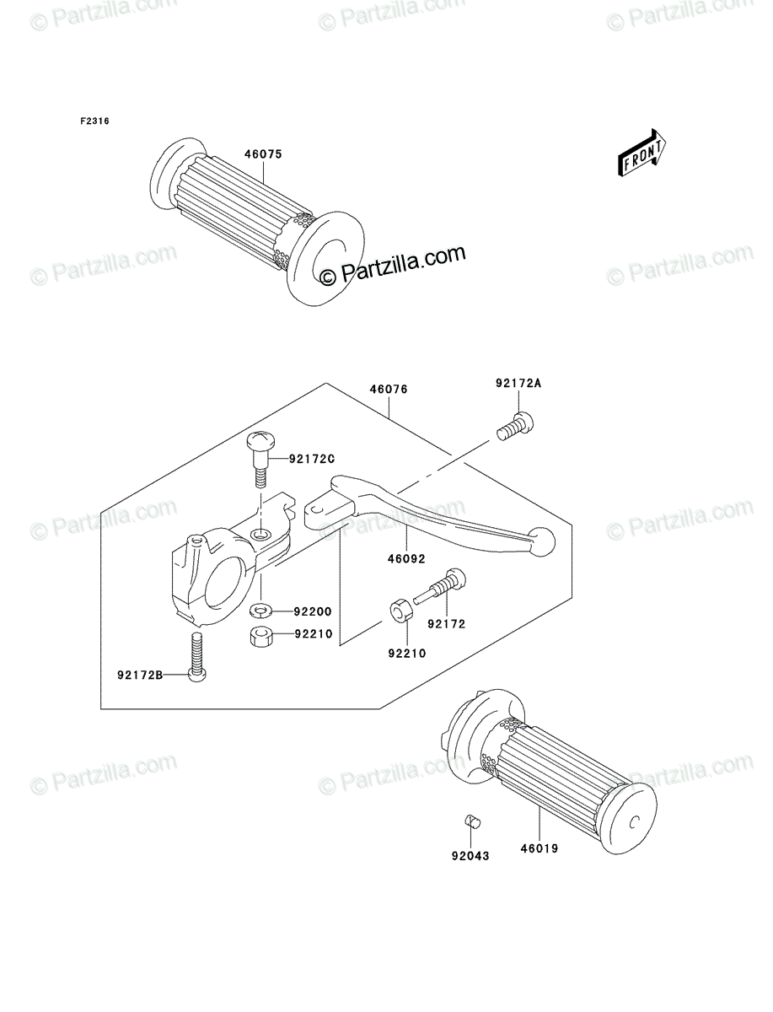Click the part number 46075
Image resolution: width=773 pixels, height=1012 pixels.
coord(263,154)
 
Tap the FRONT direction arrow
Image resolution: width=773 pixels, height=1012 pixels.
coord(641,152)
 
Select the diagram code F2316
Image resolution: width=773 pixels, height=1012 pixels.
coord(94,121)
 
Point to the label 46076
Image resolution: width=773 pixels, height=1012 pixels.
coord(389,390)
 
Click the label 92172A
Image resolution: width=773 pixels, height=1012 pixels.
coord(518,384)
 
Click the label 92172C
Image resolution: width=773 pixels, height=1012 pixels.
coord(312,459)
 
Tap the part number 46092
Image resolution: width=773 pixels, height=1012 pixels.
coord(405,559)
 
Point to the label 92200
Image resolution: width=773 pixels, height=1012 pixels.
coord(313,611)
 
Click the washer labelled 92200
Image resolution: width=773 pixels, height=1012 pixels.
coord(260,611)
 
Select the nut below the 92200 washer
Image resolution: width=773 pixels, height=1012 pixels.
coord(260,636)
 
